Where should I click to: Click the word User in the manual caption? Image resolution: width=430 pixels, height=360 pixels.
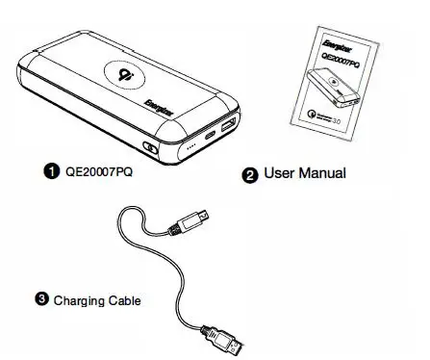click(x=280, y=174)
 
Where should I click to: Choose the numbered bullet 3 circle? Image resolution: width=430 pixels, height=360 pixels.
click(x=42, y=298)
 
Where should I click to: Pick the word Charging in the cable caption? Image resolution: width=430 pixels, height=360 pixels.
click(x=83, y=300)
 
